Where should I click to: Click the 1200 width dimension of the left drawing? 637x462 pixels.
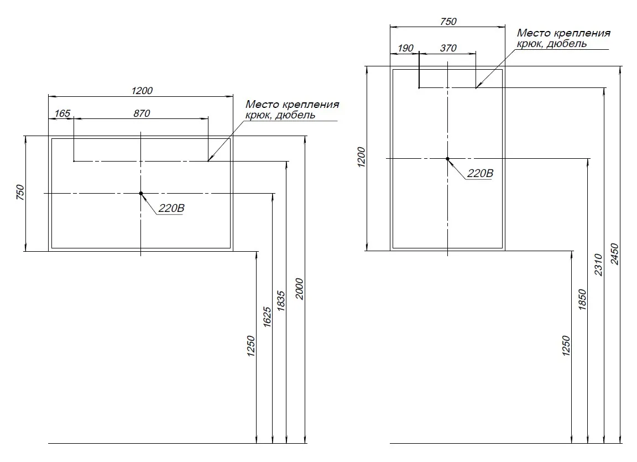pyautogui.click(x=142, y=90)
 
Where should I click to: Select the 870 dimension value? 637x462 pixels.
pyautogui.click(x=142, y=113)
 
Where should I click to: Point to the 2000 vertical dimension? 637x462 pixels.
pyautogui.click(x=300, y=288)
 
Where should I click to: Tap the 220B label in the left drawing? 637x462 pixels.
pyautogui.click(x=171, y=209)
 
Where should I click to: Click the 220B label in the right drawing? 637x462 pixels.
pyautogui.click(x=479, y=173)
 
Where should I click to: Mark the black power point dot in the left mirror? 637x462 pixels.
pyautogui.click(x=141, y=193)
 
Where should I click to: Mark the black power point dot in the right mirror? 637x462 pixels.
pyautogui.click(x=448, y=159)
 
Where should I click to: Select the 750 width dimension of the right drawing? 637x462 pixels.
pyautogui.click(x=448, y=22)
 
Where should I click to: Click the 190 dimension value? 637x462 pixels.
pyautogui.click(x=405, y=49)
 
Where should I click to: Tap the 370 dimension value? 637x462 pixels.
pyautogui.click(x=448, y=49)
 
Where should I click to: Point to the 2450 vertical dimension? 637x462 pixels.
pyautogui.click(x=615, y=255)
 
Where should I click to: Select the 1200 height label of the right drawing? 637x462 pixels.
pyautogui.click(x=361, y=158)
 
